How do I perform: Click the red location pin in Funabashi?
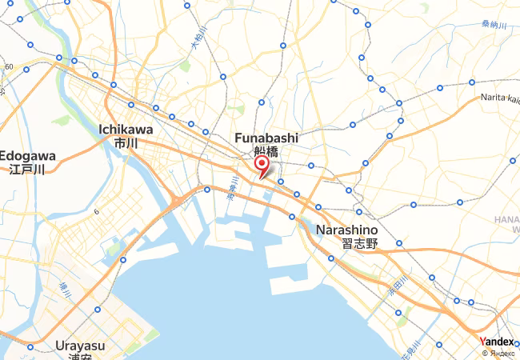261,165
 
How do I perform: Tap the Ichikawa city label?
126,129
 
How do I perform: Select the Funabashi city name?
266,138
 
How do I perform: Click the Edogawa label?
28,155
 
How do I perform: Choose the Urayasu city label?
80,346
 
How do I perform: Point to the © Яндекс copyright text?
499,352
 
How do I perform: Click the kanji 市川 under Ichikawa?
126,143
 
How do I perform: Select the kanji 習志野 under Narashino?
358,244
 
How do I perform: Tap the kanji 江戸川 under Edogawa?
26,169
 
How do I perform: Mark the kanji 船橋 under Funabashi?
266,151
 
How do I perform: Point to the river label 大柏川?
199,38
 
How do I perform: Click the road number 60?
9,66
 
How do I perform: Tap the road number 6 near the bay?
95,212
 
